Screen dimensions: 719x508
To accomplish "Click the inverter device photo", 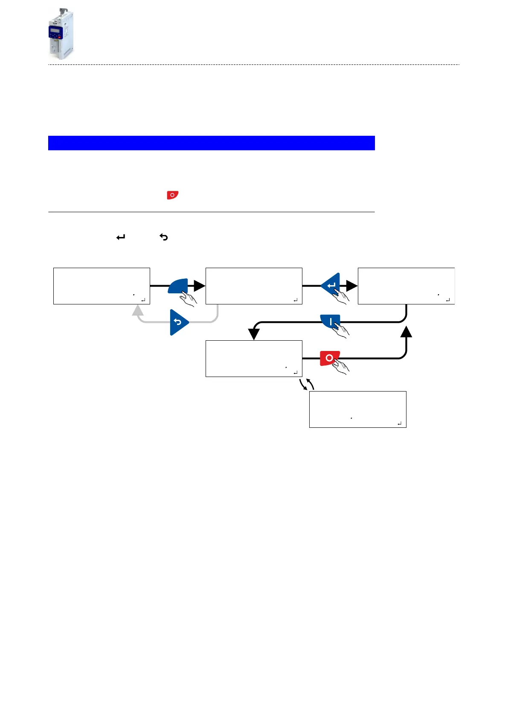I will coord(60,34).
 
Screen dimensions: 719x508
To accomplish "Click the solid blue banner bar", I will coord(211,143).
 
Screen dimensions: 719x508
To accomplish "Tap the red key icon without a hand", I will coord(172,195).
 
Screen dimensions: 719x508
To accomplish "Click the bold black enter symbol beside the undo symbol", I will coord(121,237).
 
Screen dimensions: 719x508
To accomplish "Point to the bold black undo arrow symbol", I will coord(164,237).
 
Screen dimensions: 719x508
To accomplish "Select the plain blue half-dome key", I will coord(178,285).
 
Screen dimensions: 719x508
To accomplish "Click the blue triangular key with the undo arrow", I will coord(178,322).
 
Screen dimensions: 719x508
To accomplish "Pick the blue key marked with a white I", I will coord(330,321).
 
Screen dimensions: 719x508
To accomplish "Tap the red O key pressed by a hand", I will coord(329,358).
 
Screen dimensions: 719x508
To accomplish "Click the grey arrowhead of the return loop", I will coord(138,310).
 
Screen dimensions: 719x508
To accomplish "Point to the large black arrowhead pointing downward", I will coord(254,333).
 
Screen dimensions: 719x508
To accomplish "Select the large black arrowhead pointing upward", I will coord(406,332).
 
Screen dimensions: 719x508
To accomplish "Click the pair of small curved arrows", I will coord(307,384).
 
